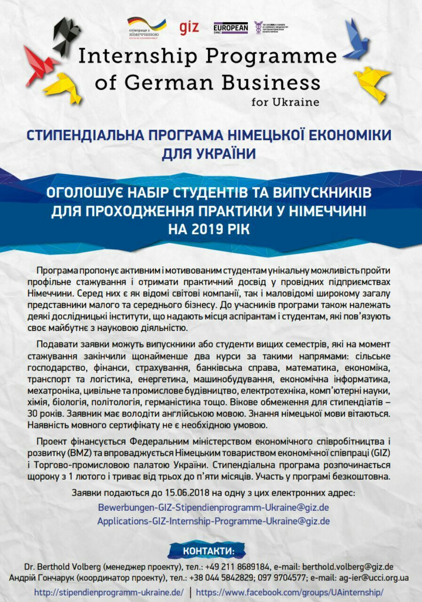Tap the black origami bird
coord(67,35)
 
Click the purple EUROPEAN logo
coord(231,28)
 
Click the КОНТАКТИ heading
coord(207,551)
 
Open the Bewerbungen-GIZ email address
coord(213,507)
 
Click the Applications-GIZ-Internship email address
coord(213,521)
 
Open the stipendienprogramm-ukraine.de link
coord(109,592)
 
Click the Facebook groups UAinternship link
coord(290,592)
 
